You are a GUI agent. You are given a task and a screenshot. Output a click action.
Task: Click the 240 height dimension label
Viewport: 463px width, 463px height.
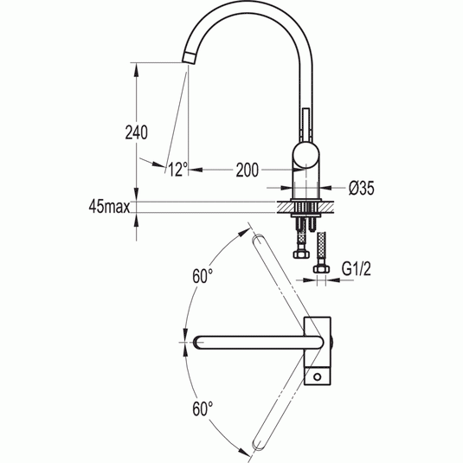137,132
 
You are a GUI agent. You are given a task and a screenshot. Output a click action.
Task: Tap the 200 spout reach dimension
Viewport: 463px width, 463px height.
248,170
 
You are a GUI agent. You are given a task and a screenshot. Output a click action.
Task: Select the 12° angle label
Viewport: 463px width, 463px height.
178,170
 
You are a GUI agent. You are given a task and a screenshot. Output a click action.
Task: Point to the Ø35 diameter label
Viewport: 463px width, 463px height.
361,188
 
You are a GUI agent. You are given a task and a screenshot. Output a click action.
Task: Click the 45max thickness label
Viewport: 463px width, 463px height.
109,207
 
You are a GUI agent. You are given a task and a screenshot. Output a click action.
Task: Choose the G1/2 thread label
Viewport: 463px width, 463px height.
356,268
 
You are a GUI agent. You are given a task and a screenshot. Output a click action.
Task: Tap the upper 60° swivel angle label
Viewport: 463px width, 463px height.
203,276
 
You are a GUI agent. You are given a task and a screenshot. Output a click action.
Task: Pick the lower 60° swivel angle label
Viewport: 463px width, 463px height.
203,408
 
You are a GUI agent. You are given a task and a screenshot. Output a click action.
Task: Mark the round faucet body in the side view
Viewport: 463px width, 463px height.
306,155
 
